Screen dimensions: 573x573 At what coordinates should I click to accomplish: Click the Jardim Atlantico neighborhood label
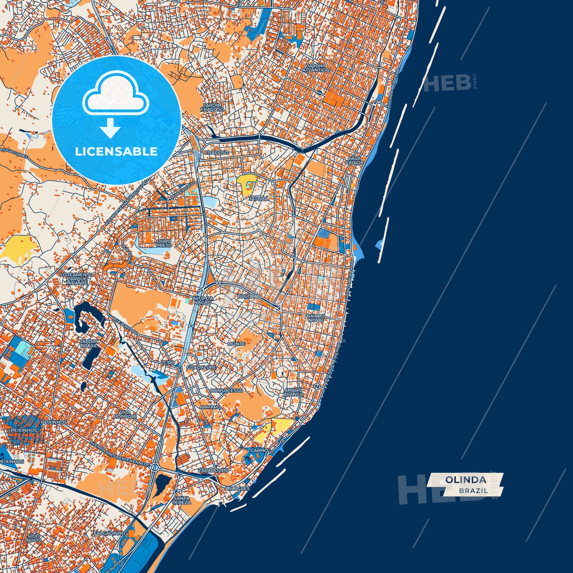click(x=316, y=68)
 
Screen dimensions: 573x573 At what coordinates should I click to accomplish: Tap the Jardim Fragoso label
click(x=212, y=107)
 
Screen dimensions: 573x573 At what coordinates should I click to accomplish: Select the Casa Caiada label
click(x=354, y=160)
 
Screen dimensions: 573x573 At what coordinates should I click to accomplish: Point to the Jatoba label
click(x=258, y=198)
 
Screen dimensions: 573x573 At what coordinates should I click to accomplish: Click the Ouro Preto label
click(x=164, y=243)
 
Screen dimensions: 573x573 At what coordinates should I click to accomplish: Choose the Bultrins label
click(x=249, y=296)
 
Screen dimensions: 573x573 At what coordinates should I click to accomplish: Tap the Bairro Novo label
click(x=316, y=318)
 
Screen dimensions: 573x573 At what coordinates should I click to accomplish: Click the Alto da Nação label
click(x=202, y=300)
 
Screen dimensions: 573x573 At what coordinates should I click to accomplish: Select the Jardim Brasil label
click(x=89, y=343)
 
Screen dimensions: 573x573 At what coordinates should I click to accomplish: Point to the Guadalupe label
click(x=201, y=367)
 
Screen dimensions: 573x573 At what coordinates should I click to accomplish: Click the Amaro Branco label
click(x=293, y=392)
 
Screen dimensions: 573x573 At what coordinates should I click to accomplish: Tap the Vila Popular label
click(x=125, y=414)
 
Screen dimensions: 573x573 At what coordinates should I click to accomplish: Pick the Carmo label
click(x=259, y=450)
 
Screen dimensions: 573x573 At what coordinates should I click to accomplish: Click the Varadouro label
click(x=213, y=470)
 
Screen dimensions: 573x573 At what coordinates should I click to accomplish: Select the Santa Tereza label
click(x=181, y=500)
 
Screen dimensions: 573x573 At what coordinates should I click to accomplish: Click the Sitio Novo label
click(x=34, y=538)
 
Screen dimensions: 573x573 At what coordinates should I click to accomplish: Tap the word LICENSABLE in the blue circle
click(x=116, y=151)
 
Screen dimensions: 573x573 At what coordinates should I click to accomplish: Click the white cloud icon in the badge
click(x=115, y=95)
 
